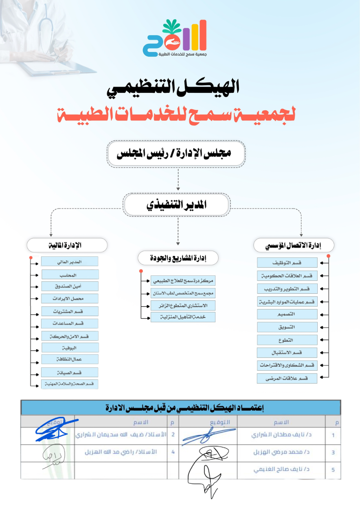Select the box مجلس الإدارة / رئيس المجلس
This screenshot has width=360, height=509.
pos(176,154)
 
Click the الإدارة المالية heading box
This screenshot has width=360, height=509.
pos(67,245)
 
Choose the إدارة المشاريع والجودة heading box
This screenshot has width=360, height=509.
pos(178,258)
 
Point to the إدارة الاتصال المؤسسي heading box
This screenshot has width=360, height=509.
pos(294,245)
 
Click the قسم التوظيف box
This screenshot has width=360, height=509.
pos(287,262)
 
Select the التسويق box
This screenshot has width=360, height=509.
pos(287,327)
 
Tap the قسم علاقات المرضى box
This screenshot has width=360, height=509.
pos(287,378)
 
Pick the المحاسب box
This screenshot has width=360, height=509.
pos(70,275)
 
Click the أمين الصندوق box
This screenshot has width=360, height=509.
pos(70,286)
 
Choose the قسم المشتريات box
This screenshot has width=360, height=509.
pos(70,311)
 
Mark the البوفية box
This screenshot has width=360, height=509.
pos(70,348)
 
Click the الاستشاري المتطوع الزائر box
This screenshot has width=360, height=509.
pos(183,305)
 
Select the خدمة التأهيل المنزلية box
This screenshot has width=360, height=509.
pos(183,317)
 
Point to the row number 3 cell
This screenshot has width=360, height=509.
pos(333,452)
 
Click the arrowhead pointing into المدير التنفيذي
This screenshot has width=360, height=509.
pos(178,189)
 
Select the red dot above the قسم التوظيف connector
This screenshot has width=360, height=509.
pos(329,257)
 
